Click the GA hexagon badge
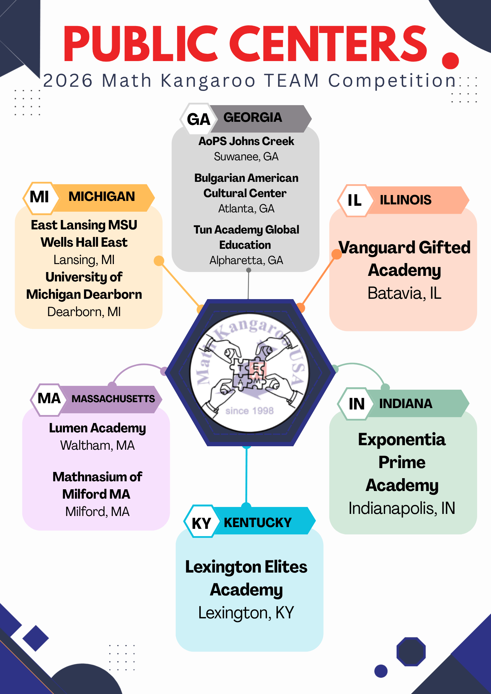coord(199,119)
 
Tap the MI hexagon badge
coord(39,198)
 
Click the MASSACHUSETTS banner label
coord(113,399)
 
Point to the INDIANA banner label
coord(406,404)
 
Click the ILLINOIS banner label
coord(406,200)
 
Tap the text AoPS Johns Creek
coord(246,141)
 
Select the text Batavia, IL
coord(404,293)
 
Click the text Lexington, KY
coord(246,613)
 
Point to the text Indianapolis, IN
coord(402,508)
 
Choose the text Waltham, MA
coord(97,445)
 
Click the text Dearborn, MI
coord(84,312)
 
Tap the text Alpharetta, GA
coord(246,260)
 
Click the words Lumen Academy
coord(97,428)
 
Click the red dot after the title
coord(450,61)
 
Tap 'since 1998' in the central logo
coord(249,411)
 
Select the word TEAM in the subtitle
coord(292,81)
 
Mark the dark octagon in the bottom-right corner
coord(411,652)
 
